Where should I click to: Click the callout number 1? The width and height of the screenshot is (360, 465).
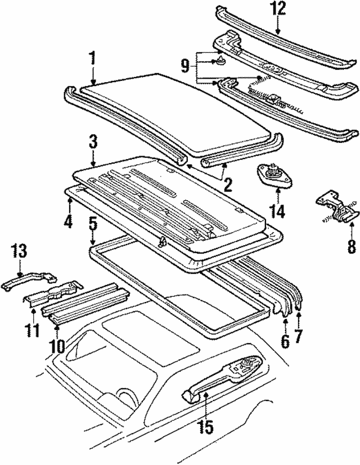click(x=92, y=58)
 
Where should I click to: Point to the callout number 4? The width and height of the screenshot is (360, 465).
click(x=68, y=222)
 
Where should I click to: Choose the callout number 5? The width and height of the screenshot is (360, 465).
click(x=93, y=223)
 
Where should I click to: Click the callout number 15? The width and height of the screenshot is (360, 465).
click(x=206, y=427)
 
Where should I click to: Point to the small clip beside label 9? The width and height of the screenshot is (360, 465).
click(x=219, y=60)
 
